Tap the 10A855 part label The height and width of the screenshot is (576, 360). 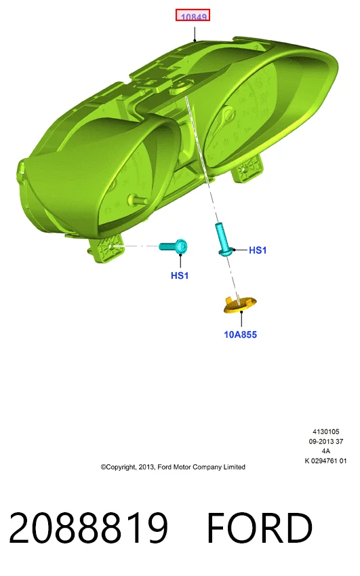(241, 334)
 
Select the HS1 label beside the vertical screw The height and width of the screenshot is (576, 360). (258, 250)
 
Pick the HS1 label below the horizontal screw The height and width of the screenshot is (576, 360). (180, 275)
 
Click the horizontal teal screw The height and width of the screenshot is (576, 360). (174, 246)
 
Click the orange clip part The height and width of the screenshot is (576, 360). (239, 305)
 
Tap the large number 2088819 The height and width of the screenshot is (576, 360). (88, 528)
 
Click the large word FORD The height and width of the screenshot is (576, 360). (260, 528)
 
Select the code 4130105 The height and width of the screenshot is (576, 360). (326, 431)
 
